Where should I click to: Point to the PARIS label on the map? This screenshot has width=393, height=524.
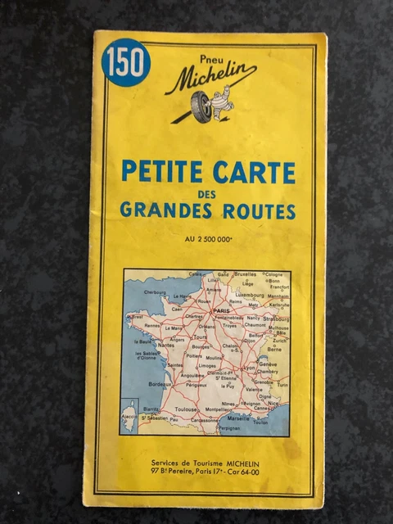(220, 311)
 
